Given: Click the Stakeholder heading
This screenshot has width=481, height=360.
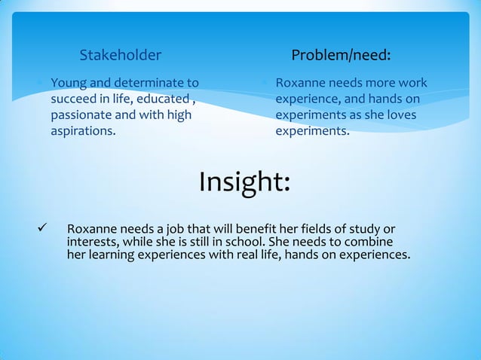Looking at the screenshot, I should coord(120,55).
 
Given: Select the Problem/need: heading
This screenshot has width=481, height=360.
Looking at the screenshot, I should coord(340,55).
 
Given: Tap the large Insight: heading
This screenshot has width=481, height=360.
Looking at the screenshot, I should coord(244,182).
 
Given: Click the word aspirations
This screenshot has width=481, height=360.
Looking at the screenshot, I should coord(82,132).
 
